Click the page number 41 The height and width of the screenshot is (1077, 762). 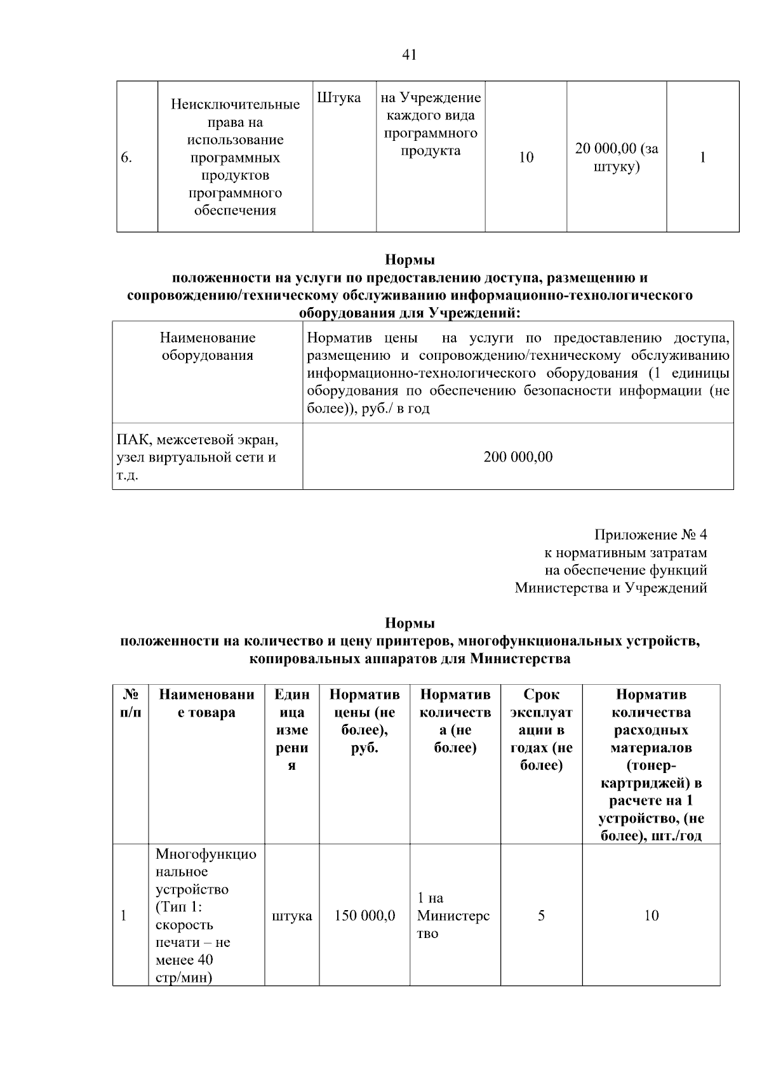[410, 55]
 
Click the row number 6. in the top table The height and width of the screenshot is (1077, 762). [126, 158]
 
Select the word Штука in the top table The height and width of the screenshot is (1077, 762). [338, 98]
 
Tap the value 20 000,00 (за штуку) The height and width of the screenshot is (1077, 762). [616, 158]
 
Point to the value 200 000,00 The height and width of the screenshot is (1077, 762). [518, 457]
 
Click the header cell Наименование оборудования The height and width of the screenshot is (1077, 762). [208, 347]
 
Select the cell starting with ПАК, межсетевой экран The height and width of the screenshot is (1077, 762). [197, 457]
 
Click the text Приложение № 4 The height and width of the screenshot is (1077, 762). [650, 535]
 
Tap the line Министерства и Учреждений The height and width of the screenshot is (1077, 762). [610, 588]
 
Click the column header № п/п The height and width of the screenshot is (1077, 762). [130, 703]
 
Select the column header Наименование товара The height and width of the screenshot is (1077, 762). [206, 703]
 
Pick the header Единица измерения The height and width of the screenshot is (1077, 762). [291, 730]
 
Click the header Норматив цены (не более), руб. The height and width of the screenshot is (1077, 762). [364, 721]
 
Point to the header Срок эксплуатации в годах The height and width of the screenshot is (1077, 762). [541, 730]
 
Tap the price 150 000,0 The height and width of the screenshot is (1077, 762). [364, 916]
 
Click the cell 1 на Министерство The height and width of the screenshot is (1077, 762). [453, 916]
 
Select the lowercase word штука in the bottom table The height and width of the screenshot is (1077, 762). [291, 916]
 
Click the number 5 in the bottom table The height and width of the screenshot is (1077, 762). [541, 916]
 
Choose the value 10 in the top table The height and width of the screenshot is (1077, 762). [526, 158]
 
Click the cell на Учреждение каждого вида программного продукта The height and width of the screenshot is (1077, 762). [431, 124]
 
